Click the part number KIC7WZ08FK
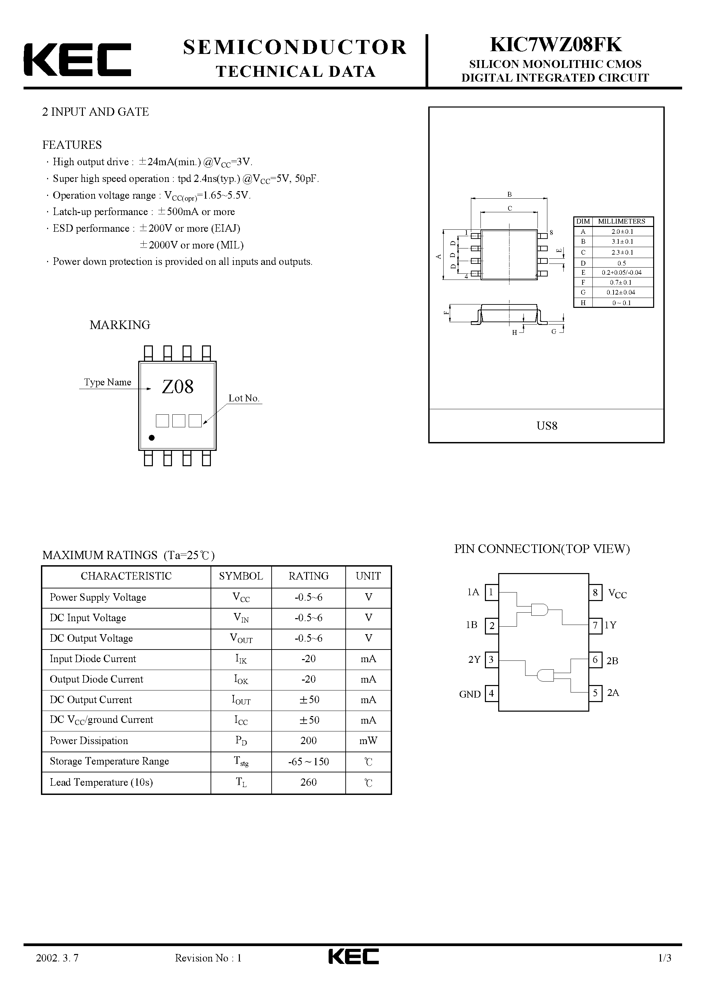pos(556,45)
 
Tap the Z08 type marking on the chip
pos(177,386)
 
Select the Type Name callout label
pos(107,382)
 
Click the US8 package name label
pos(547,426)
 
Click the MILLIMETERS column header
pos(621,221)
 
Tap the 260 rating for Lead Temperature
pos(308,782)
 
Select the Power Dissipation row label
pos(89,741)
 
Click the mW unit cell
pos(368,741)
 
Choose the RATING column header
pos(308,576)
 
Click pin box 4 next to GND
pos(491,693)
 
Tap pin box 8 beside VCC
pos(595,593)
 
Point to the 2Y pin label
pos(474,660)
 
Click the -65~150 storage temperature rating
pos(308,761)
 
